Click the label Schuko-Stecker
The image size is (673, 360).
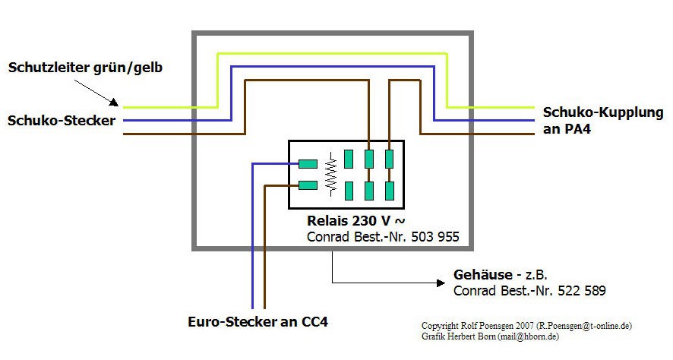coord(62,120)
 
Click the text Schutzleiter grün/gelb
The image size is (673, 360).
coord(85,68)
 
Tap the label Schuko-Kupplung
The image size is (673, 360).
coord(603,112)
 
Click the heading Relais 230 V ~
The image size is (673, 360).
coord(352,221)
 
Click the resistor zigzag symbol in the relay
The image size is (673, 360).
coord(330,174)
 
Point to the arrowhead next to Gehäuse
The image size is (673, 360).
coord(440,283)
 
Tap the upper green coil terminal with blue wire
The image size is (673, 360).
coord(308,163)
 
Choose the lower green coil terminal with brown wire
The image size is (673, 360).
coord(308,185)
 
